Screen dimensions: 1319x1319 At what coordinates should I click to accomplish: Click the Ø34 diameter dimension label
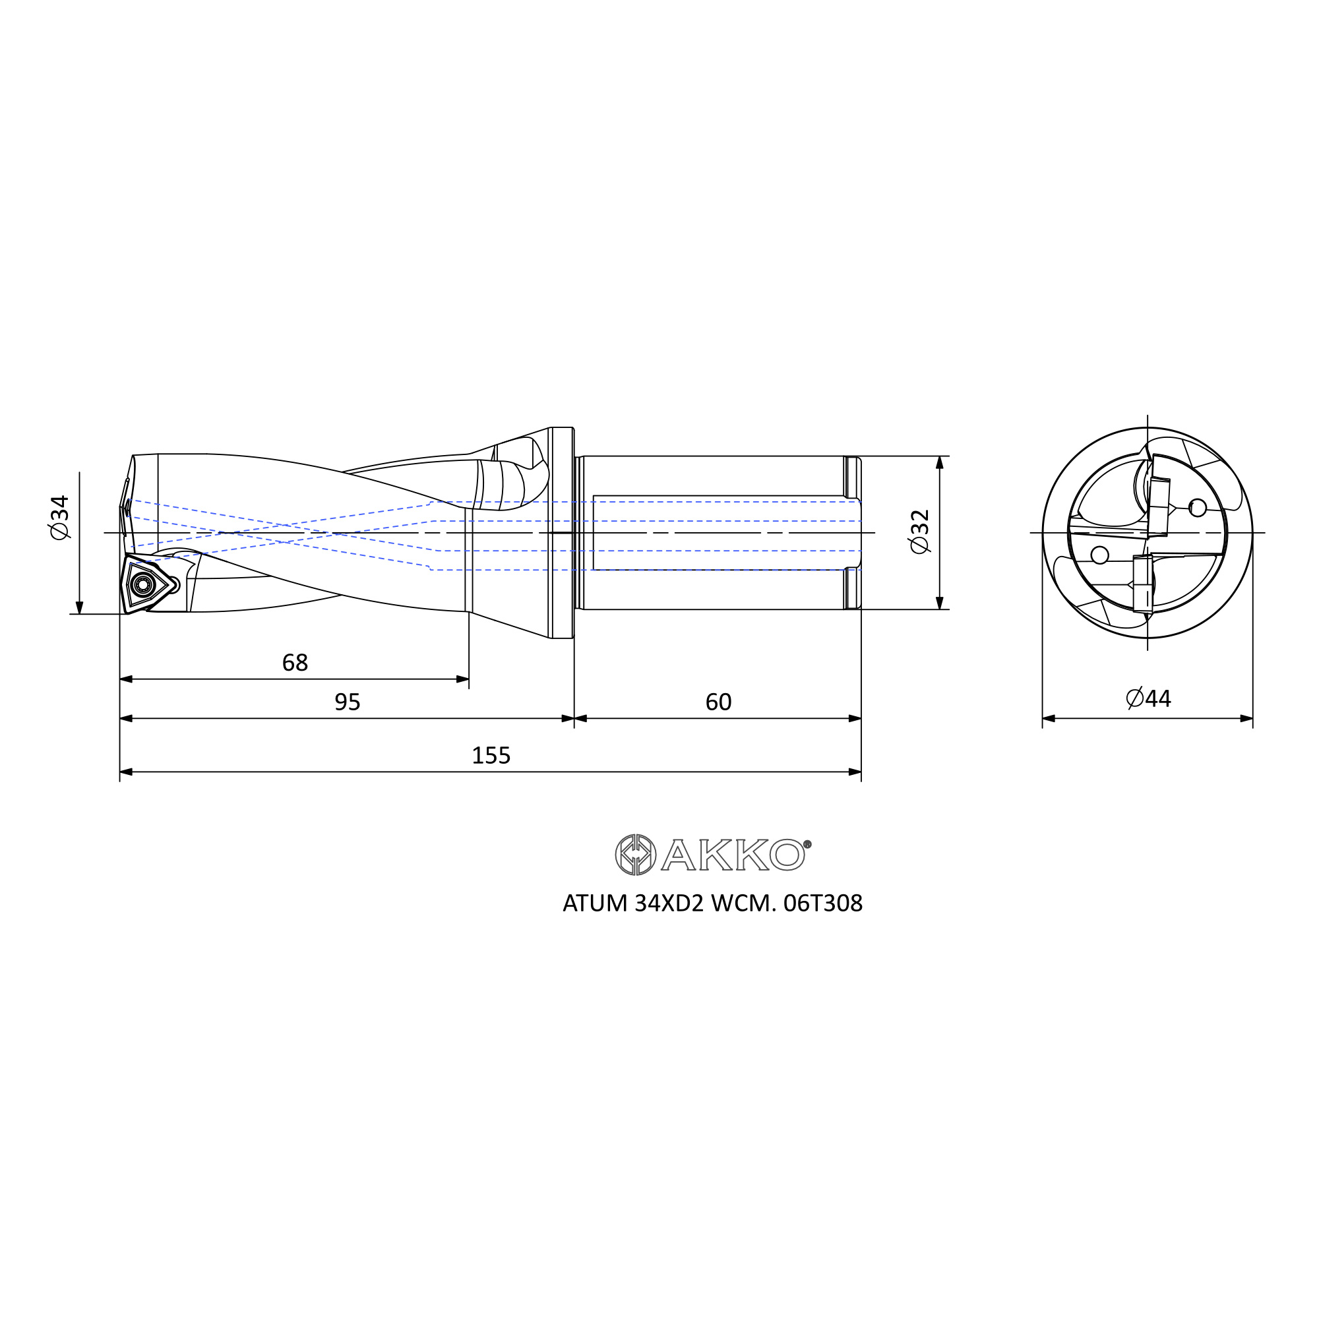(x=61, y=517)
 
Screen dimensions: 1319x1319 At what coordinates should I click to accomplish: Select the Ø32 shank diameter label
(x=919, y=531)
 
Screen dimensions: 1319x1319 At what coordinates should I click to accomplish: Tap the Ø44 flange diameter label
(x=1148, y=698)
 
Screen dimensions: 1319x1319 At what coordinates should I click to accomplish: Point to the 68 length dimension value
(x=295, y=662)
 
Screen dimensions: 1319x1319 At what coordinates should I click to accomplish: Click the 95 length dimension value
(x=348, y=702)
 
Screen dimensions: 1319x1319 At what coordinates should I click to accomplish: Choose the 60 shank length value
(x=718, y=702)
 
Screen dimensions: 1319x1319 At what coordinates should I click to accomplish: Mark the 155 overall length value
(x=491, y=755)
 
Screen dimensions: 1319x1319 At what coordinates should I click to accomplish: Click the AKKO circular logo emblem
(x=636, y=854)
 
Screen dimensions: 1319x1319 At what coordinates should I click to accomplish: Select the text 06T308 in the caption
(x=823, y=904)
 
